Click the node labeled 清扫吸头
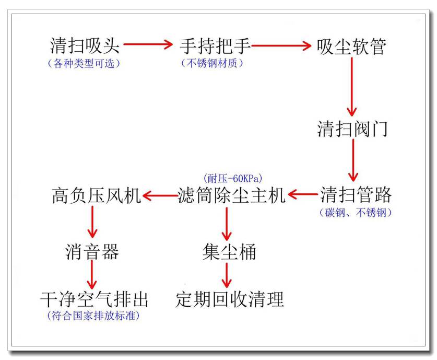point(85,47)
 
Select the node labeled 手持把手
point(215,47)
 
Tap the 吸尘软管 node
point(351,47)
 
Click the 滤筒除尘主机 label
point(231,195)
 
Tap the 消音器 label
point(92,252)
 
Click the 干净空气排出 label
point(94,299)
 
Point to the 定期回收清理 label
point(230,299)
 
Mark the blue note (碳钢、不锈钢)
point(355,212)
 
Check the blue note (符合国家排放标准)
point(93,316)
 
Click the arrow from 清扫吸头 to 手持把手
point(148,45)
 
